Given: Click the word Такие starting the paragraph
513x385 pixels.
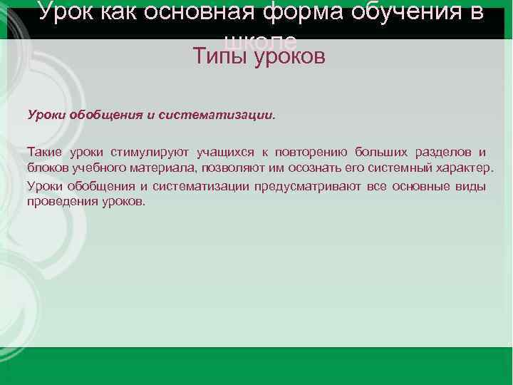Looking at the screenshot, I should click(44, 152).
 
